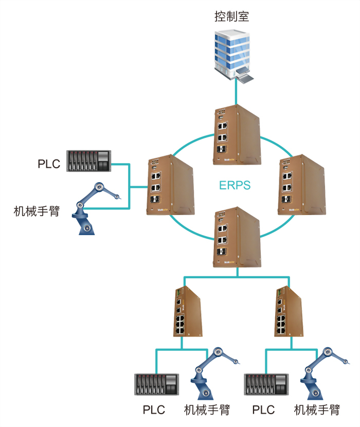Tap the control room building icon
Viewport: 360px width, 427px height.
(x=234, y=54)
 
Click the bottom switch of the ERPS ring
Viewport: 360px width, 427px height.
(x=236, y=237)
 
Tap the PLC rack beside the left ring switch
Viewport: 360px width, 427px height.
(x=89, y=161)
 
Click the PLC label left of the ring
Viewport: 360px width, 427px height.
(x=49, y=164)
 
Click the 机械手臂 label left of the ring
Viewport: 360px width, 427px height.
(x=37, y=211)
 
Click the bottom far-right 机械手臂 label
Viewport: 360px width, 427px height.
(x=317, y=410)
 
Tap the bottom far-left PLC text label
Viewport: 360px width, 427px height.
(x=154, y=410)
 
